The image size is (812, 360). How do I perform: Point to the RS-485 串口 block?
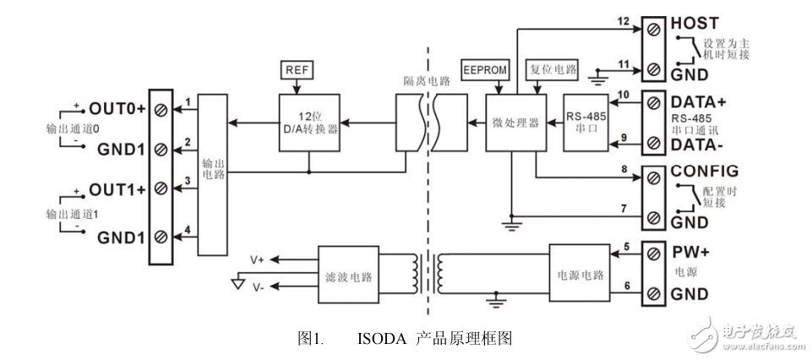585,123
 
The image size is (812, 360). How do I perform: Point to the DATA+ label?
698,101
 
